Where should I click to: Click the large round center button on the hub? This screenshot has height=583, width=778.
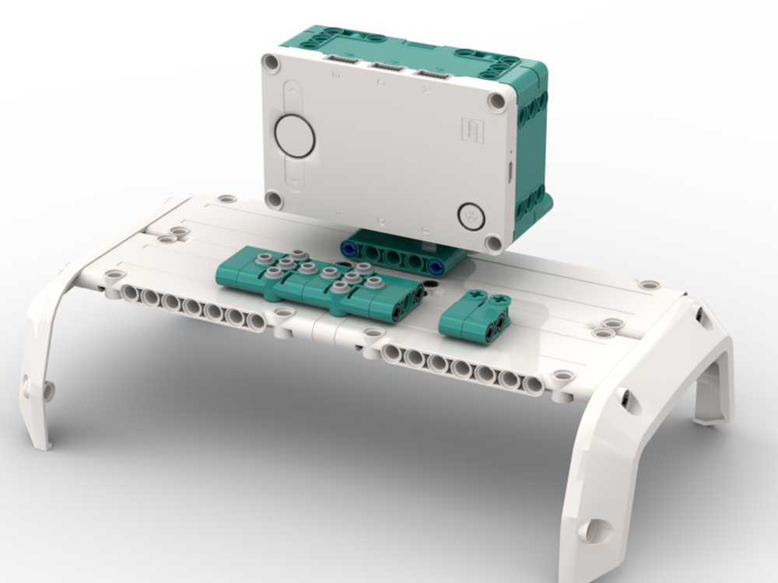(295, 135)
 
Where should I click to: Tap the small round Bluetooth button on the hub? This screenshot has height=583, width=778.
(470, 215)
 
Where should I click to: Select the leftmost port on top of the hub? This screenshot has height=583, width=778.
(338, 60)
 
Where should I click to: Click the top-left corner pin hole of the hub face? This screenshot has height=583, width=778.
(272, 62)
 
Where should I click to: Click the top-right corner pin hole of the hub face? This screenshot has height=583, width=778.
(496, 101)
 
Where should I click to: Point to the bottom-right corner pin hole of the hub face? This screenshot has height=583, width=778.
(493, 243)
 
